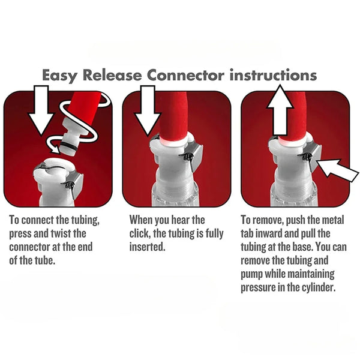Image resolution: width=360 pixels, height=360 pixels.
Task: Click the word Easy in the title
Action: (63, 76)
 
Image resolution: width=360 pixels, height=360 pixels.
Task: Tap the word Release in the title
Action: (116, 76)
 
